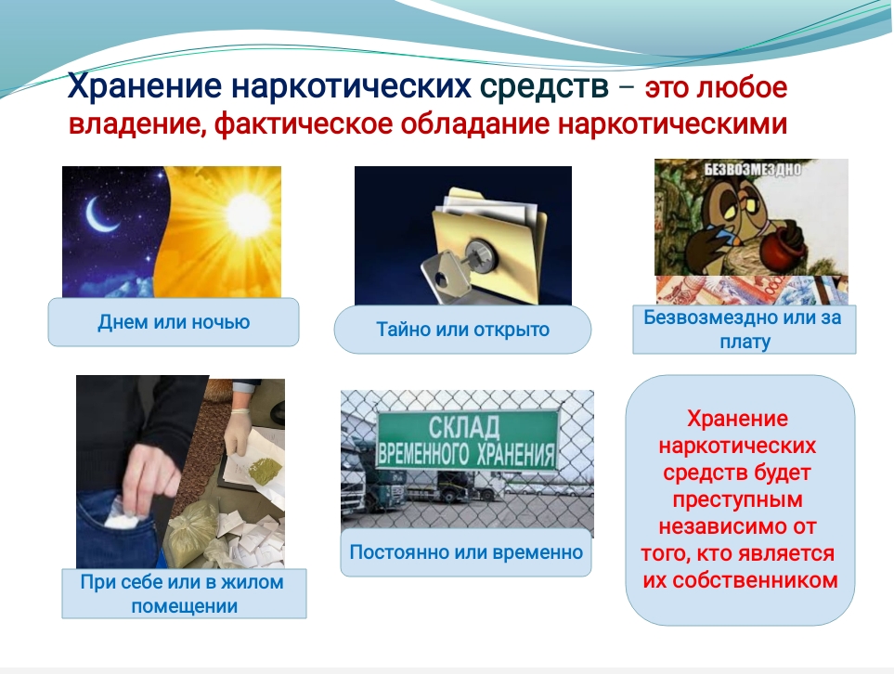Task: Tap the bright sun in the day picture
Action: (247, 214)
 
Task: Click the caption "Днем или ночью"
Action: (174, 322)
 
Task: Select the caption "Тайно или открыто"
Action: (462, 330)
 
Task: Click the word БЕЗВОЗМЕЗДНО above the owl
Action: (752, 169)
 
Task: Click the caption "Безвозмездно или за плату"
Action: (743, 330)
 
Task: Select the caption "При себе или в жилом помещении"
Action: (183, 593)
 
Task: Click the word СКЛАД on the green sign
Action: (464, 427)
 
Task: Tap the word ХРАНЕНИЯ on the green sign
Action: (516, 454)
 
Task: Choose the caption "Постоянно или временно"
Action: (466, 552)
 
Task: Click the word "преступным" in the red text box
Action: (738, 499)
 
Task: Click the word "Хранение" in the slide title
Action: (145, 86)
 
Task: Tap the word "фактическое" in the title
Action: (304, 124)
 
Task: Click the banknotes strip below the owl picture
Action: (751, 290)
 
